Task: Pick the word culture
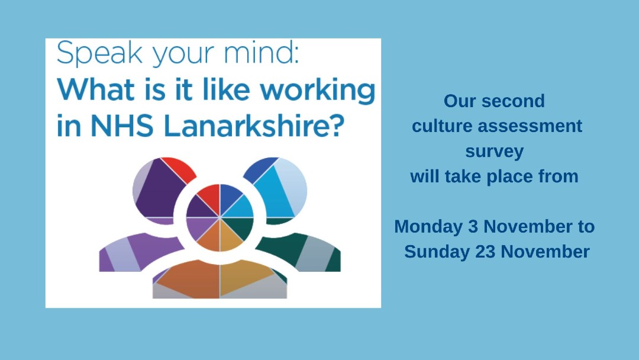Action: (442, 126)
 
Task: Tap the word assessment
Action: (530, 126)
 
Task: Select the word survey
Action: (494, 152)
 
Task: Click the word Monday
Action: (428, 227)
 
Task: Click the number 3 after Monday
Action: (473, 227)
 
